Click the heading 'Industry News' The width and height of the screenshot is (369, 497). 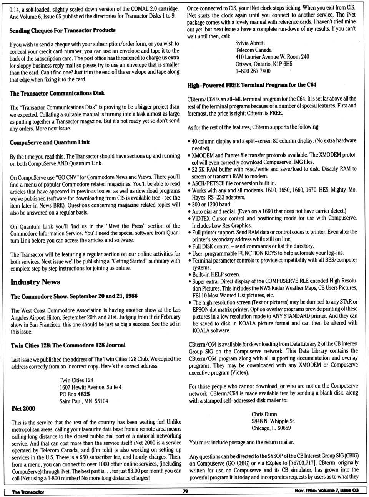click(x=35, y=282)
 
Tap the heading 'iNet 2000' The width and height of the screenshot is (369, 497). click(x=23, y=408)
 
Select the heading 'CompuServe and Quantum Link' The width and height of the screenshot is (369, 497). click(x=50, y=142)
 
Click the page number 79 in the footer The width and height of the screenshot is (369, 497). click(x=185, y=491)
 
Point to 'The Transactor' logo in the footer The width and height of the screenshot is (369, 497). click(x=28, y=492)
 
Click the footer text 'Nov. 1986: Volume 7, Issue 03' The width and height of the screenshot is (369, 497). click(x=326, y=491)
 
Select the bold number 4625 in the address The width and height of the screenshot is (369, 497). click(x=83, y=394)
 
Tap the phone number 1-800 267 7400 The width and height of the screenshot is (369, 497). click(x=253, y=71)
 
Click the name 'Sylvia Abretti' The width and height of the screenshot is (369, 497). click(x=250, y=43)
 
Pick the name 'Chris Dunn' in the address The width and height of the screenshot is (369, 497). click(x=264, y=414)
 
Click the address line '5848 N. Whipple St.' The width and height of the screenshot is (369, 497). click(x=273, y=421)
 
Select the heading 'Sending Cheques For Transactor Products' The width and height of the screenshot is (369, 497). click(x=62, y=30)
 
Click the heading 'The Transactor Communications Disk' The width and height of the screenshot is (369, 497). click(x=57, y=93)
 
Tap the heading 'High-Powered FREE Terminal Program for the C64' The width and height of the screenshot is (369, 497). click(x=252, y=85)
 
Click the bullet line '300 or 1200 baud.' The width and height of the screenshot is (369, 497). click(x=212, y=204)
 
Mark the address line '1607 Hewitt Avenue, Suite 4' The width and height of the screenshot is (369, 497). click(x=90, y=387)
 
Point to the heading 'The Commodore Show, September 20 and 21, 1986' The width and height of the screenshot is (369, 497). click(x=74, y=296)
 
